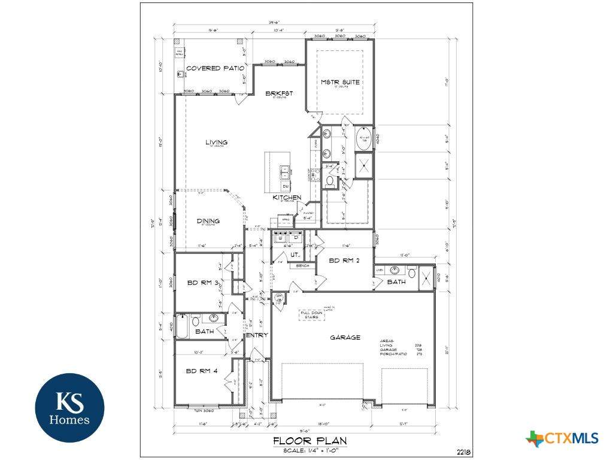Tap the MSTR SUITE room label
(340, 82)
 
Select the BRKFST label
(280, 93)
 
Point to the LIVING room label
(216, 142)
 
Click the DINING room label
(208, 221)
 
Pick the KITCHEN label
(287, 197)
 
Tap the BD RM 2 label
(343, 261)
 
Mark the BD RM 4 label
(202, 371)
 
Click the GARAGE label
(345, 337)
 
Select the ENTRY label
(257, 335)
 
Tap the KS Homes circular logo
(69, 407)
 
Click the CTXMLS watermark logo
(562, 438)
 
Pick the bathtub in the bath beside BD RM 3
(183, 326)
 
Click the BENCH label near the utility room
(303, 265)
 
